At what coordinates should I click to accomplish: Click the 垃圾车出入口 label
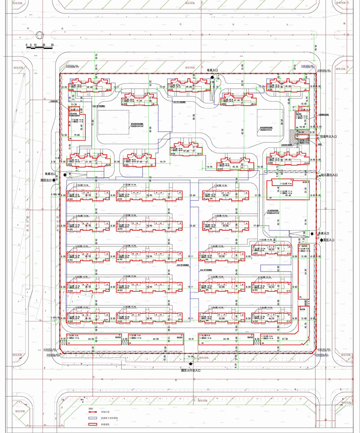pos(328,136)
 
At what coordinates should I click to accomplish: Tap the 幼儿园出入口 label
pos(329,175)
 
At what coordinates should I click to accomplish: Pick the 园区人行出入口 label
pos(190,370)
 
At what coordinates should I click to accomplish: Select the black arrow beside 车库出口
pos(66,174)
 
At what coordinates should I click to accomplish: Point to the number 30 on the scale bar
pos(52,45)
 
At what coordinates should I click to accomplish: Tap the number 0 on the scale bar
pos(27,45)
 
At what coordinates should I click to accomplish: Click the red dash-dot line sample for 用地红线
pos(93,411)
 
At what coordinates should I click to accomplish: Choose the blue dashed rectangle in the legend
pos(93,418)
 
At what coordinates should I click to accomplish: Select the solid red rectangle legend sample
pos(93,424)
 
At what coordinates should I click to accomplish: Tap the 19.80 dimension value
pos(76,134)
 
